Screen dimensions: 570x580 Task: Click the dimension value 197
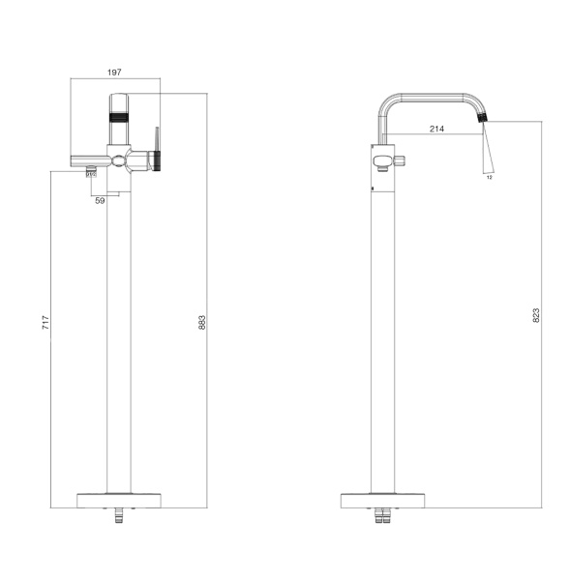tap(114, 72)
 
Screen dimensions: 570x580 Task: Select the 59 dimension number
tap(100, 201)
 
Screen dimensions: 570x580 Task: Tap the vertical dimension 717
tap(45, 323)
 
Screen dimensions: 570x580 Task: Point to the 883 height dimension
tap(201, 323)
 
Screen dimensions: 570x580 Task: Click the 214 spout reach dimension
tap(436, 129)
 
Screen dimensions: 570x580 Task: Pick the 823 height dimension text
tap(536, 315)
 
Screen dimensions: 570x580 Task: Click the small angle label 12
tap(490, 177)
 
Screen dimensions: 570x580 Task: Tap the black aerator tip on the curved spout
tap(482, 118)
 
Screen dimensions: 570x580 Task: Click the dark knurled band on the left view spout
tap(119, 118)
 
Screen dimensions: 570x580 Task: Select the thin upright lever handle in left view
tap(157, 139)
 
